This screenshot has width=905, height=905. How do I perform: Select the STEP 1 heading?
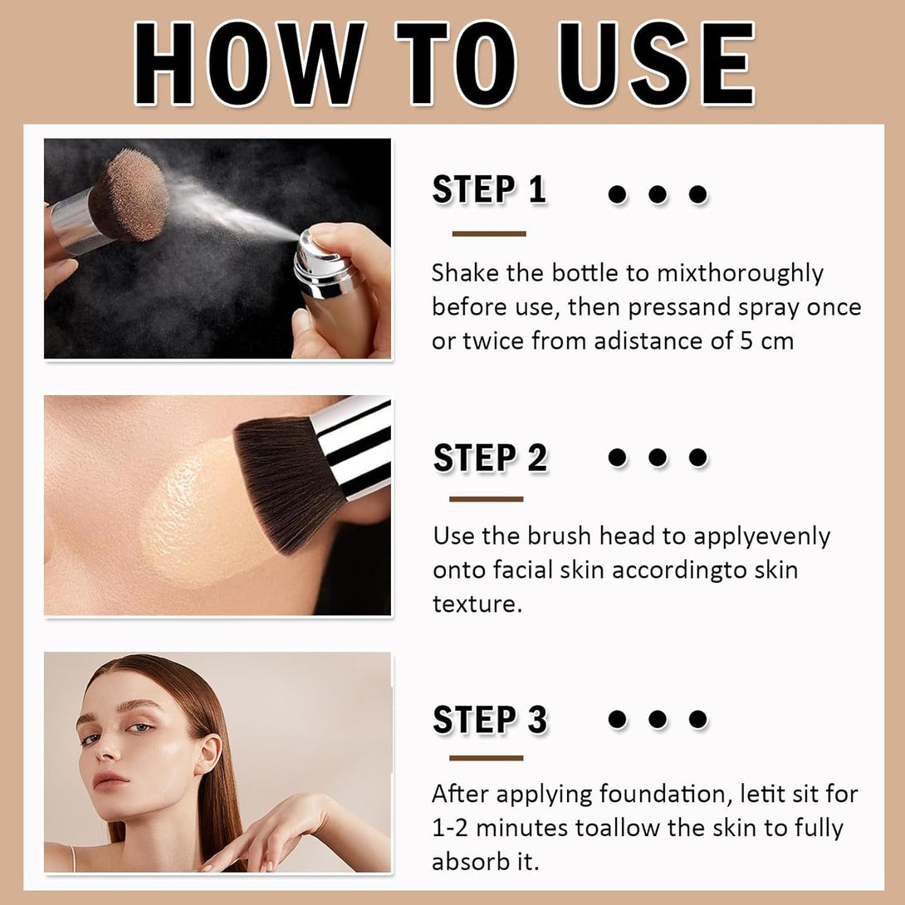point(489,190)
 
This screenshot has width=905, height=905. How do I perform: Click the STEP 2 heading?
point(490,457)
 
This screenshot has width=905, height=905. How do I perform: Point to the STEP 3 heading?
point(490,720)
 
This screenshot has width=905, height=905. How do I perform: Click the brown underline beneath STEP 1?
point(489,234)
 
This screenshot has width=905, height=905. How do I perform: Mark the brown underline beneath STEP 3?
point(487,757)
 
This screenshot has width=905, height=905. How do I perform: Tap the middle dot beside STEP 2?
point(658,457)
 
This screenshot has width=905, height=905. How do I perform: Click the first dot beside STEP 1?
point(617,194)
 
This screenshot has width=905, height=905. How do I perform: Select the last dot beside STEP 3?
point(698,719)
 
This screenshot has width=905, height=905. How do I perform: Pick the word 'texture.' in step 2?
point(477,604)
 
